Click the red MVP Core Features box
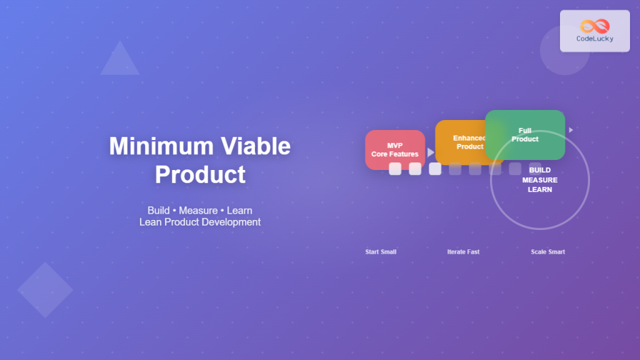[394, 150]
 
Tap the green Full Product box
[525, 135]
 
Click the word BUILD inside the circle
[540, 170]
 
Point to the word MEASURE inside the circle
[540, 180]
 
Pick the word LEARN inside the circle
[540, 189]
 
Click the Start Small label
[381, 252]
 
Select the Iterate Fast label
[463, 252]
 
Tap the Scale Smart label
[548, 252]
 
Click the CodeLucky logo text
[594, 39]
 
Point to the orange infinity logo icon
[594, 26]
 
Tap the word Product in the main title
[200, 174]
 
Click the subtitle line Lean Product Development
[200, 222]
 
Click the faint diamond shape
[45, 289]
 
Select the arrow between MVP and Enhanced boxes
[431, 152]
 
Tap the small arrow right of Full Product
[571, 130]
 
